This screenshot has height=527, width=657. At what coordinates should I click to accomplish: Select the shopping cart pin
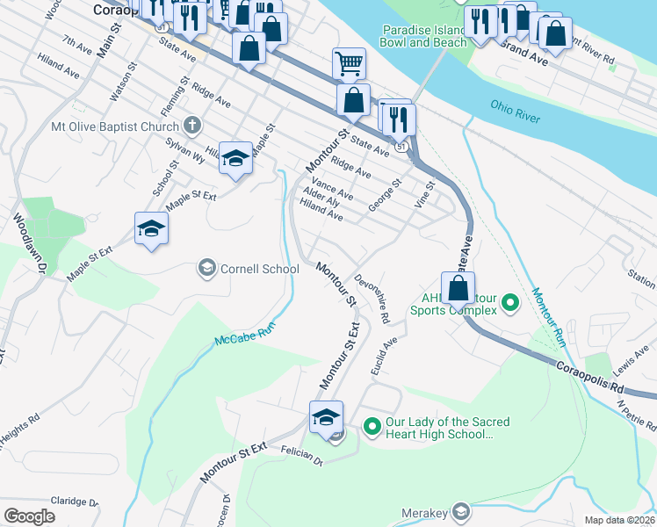coord(349,63)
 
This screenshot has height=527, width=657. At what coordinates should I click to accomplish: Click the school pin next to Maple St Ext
coord(151,229)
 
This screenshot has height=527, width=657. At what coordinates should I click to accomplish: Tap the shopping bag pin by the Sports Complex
coord(458,287)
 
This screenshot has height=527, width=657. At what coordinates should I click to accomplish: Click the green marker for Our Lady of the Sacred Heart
coord(372,428)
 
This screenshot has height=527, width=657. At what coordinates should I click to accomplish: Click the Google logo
coord(29,516)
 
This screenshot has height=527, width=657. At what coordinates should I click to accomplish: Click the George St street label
coord(385,191)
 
